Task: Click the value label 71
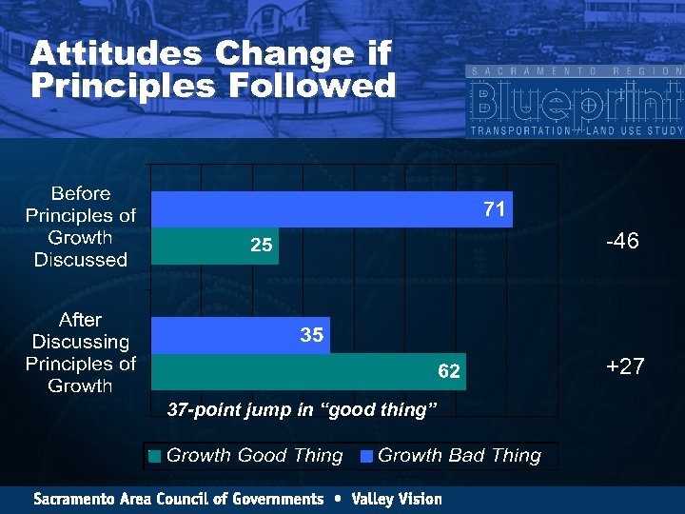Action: pos(494,209)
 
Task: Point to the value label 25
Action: pos(261,246)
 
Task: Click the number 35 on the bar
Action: pos(311,335)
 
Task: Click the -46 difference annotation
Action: pos(622,242)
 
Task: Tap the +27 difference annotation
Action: pos(624,366)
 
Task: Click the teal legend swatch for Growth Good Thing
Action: pos(155,456)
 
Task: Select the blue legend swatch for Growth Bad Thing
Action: pos(366,456)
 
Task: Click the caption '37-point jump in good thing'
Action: pos(302,410)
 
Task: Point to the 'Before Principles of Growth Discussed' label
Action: pos(81,227)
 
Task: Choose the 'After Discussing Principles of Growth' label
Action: pos(81,352)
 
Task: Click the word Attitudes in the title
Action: pos(116,53)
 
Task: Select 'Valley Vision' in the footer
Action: pos(396,499)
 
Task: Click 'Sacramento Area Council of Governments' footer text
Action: pos(179,499)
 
